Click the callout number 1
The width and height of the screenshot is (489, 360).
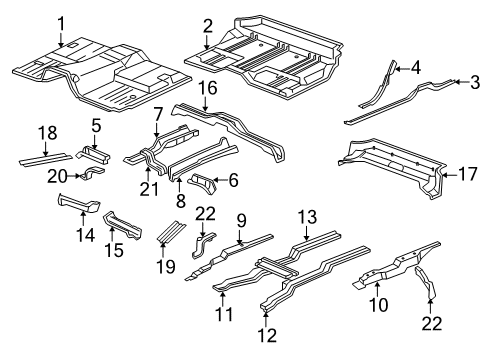coord(61,23)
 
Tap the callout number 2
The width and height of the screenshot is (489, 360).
coord(207,26)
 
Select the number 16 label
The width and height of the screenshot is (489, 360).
coord(207,89)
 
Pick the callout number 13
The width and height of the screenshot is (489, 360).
coord(307,218)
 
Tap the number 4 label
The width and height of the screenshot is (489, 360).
coord(415,67)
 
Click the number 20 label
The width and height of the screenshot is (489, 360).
coord(59,175)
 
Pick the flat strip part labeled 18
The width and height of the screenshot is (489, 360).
coord(45,158)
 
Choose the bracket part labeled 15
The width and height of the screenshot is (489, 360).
coord(125,224)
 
